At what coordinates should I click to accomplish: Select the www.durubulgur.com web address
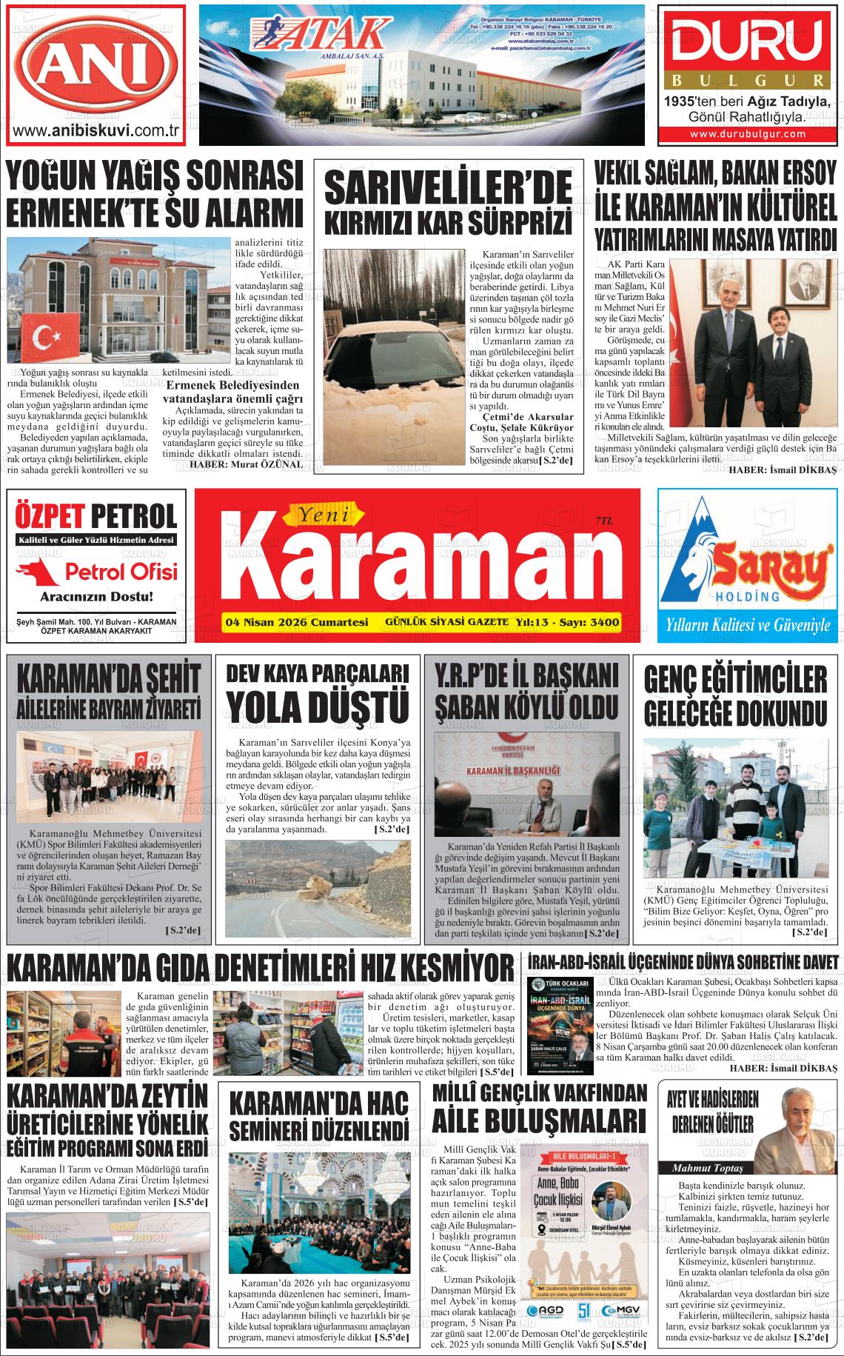(x=748, y=134)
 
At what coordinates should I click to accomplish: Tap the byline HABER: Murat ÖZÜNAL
(x=247, y=464)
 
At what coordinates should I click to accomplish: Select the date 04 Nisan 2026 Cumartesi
(x=295, y=623)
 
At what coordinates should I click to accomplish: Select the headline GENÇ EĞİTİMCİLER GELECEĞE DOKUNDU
(x=735, y=695)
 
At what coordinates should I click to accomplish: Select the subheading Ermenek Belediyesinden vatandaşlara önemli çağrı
(x=233, y=392)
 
